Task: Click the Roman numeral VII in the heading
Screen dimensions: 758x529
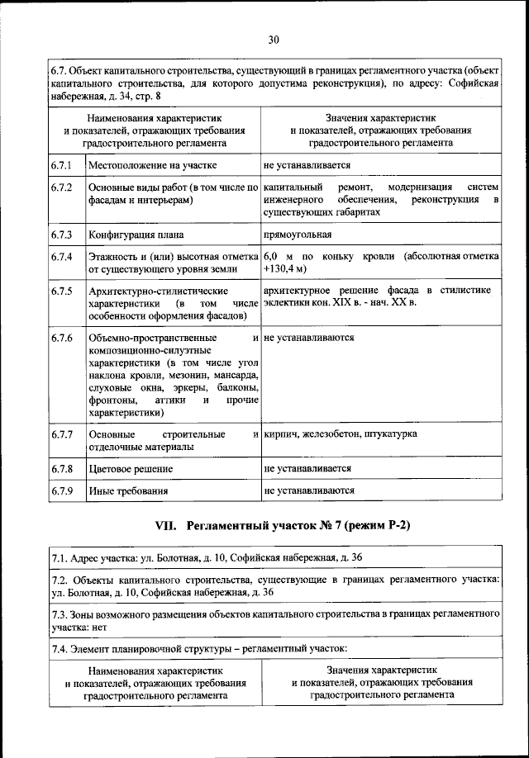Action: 168,526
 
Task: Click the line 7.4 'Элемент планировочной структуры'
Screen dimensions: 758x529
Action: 199,650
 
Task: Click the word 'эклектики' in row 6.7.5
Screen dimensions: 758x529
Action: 286,303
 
